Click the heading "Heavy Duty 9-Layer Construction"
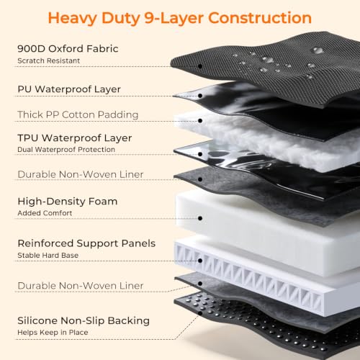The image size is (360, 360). (180, 18)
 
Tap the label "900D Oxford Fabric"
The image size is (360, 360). (68, 49)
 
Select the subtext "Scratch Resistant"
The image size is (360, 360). (49, 60)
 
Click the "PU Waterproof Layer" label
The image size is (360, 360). (69, 89)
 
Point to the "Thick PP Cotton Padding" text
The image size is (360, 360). (78, 114)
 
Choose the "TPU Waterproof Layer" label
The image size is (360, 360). (75, 138)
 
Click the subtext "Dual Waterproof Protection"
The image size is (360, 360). (66, 150)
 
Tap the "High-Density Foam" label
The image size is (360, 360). (68, 202)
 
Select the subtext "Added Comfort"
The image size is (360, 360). (45, 213)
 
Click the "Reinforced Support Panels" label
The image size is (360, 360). (86, 243)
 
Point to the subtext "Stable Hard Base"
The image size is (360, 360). (48, 255)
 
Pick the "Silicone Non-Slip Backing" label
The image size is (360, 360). (84, 320)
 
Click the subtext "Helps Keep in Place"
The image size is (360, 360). (53, 333)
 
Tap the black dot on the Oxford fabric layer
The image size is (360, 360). (200, 66)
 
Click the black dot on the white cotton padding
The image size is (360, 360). (200, 121)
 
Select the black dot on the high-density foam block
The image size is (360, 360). (200, 218)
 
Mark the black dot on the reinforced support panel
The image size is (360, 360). (200, 261)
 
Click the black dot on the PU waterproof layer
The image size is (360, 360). (200, 96)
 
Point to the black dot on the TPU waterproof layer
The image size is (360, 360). (200, 154)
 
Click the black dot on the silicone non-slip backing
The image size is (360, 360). (200, 313)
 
